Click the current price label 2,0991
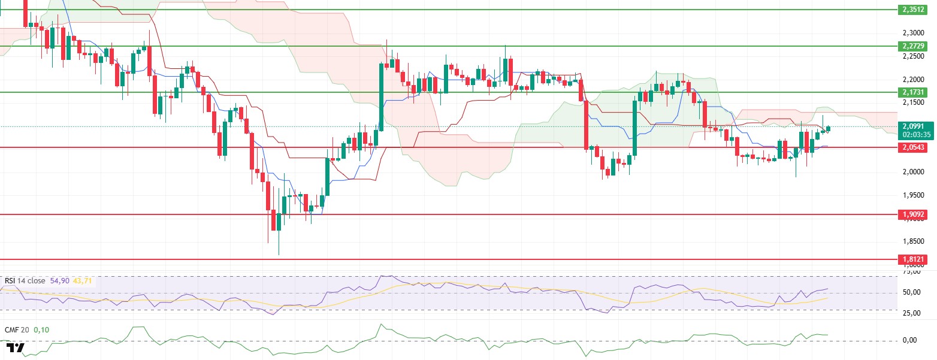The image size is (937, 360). (912, 126)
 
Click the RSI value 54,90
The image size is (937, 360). (59, 280)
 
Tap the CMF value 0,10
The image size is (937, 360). (41, 329)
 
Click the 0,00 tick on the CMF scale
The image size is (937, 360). (914, 340)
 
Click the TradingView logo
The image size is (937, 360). (16, 348)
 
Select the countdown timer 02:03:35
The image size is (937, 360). (912, 135)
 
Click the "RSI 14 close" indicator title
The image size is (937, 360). (26, 280)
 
